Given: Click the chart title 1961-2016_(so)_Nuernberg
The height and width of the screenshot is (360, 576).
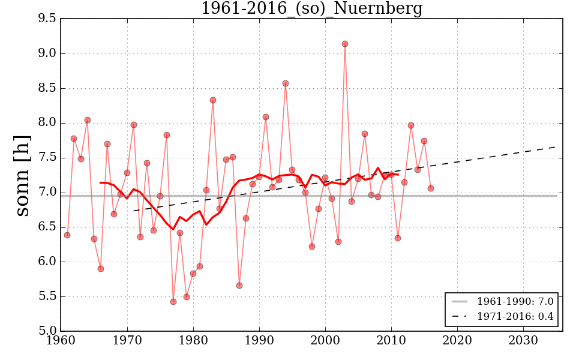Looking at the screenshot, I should [311, 9].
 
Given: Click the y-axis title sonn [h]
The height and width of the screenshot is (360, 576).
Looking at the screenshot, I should [22, 175].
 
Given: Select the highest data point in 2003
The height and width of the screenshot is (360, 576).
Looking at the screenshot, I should [345, 44].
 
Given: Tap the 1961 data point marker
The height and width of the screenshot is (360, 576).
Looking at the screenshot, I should [67, 235].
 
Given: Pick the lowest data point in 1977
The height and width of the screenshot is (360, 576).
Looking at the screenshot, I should [173, 302].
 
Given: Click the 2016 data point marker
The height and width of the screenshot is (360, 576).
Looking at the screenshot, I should [430, 188].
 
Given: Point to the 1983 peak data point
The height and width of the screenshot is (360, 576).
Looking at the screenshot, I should [213, 100].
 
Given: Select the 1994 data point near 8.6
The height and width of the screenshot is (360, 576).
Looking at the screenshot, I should [286, 83].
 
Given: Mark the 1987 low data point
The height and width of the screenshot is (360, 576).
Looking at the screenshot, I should [239, 286].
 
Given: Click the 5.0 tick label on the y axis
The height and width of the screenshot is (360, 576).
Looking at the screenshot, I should [47, 331].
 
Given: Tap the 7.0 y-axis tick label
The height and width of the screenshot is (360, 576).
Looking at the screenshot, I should [47, 193].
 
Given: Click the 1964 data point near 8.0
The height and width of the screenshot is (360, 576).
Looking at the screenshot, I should [88, 120].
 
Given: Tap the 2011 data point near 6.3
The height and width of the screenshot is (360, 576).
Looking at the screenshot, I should [398, 238].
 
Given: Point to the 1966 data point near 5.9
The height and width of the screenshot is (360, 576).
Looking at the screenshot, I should [101, 269].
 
